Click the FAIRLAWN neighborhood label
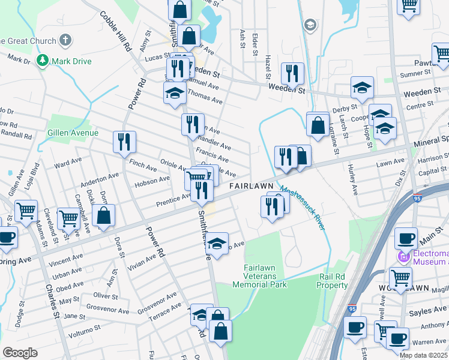pyautogui.click(x=252, y=186)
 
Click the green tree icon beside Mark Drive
pyautogui.click(x=43, y=61)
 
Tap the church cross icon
pyautogui.click(x=65, y=41)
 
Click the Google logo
pyautogui.click(x=20, y=353)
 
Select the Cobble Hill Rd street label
pyautogui.click(x=116, y=32)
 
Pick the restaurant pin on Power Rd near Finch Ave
pyautogui.click(x=124, y=142)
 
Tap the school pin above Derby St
pyautogui.click(x=362, y=88)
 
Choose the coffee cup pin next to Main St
pyautogui.click(x=406, y=238)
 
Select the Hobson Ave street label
pyautogui.click(x=153, y=181)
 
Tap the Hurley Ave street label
pyautogui.click(x=352, y=179)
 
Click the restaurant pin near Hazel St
pyautogui.click(x=292, y=74)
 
